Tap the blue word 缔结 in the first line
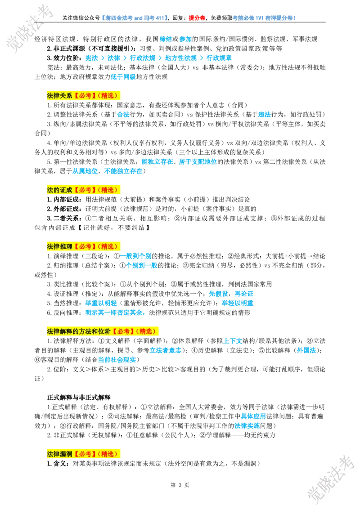coord(166,39)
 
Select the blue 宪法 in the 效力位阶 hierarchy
coord(91,58)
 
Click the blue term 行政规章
coord(219,58)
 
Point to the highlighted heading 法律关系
coord(59,95)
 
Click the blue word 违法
coord(264,114)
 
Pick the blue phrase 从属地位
coord(85,171)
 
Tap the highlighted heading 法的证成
coord(59,190)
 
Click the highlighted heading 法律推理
coord(59,246)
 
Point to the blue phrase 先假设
coord(218,294)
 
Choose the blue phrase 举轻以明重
coord(238,303)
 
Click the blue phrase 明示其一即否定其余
coord(114,313)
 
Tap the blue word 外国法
coord(306,350)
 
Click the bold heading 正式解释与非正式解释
coord(79,397)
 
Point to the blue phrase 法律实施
coord(247,425)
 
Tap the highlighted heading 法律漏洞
coord(59,454)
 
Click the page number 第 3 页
coord(180,485)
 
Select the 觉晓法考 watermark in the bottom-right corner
coord(329,481)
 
